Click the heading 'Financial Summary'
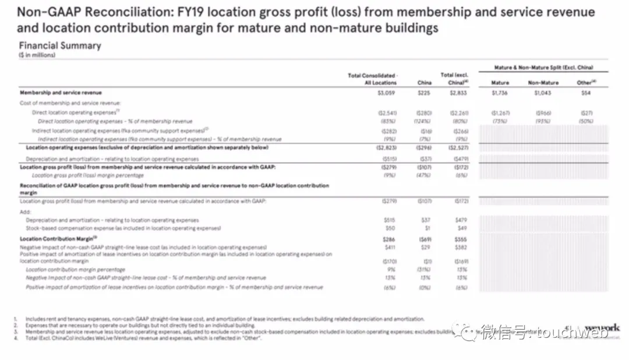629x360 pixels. click(x=60, y=45)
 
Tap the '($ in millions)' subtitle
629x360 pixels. click(x=37, y=55)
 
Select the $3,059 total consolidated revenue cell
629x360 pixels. click(x=386, y=93)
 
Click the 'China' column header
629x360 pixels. click(x=425, y=83)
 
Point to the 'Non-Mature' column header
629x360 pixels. click(x=543, y=83)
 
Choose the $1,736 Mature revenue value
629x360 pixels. click(x=500, y=93)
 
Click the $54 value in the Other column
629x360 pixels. click(x=586, y=93)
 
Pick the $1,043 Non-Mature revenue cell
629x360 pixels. click(x=543, y=93)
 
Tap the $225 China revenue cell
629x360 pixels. click(x=425, y=93)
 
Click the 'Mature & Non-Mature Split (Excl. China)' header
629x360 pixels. click(x=543, y=68)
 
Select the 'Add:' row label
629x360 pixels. click(x=26, y=212)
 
